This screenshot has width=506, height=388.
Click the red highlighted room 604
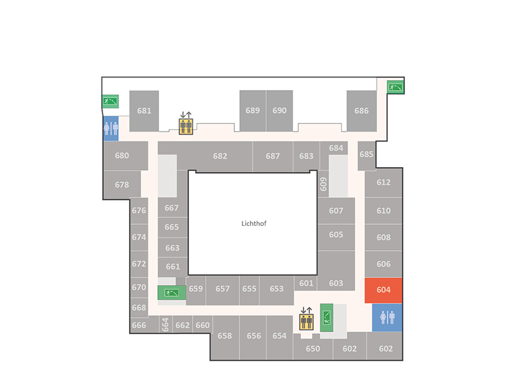pos(384,291)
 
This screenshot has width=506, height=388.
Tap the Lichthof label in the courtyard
pos(254,223)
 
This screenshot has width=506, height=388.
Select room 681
pos(144,111)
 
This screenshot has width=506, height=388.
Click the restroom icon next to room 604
pos(387,318)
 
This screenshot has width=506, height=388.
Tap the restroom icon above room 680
pos(111,129)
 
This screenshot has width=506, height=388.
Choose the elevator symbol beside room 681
pos(186,124)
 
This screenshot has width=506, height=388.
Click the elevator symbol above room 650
pos(306,319)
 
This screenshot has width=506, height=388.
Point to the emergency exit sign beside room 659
pos(172,293)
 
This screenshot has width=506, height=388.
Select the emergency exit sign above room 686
pos(395,87)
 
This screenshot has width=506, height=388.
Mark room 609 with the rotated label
pos(323,184)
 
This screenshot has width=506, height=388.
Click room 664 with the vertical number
pos(165,324)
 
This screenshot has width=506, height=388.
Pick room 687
pos(273,156)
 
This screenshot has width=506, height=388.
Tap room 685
pos(367,155)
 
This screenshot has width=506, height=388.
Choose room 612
pos(384,183)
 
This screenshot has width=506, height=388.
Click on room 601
pos(306,283)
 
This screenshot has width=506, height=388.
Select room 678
pos(122,185)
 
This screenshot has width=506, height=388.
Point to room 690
pos(280,111)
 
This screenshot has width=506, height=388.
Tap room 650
pos(313,349)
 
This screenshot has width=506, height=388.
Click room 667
pos(172,208)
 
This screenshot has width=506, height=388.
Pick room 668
pos(139,308)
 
